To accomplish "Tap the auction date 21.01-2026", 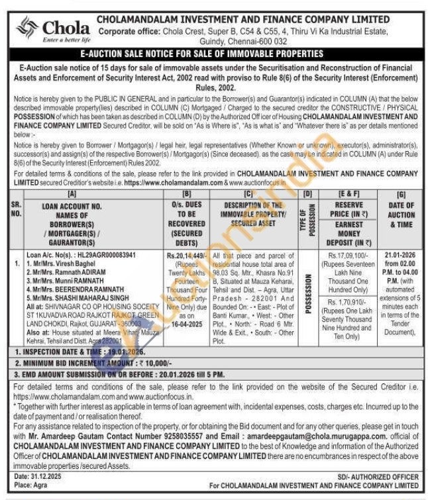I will pyautogui.click(x=398, y=253).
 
